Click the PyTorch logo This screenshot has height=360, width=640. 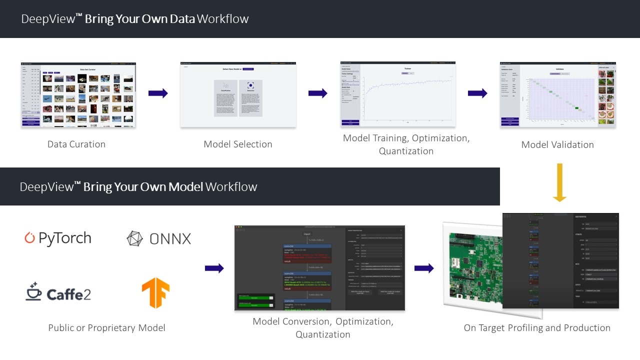(58, 238)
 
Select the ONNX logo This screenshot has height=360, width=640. (159, 238)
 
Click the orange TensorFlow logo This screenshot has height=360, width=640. (155, 292)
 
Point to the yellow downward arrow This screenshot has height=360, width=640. (559, 182)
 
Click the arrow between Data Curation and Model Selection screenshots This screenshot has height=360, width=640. (158, 93)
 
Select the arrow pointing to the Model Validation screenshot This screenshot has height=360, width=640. (477, 93)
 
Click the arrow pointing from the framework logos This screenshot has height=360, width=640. (214, 268)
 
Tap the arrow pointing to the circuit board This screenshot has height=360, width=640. (424, 268)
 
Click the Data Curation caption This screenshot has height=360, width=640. (76, 144)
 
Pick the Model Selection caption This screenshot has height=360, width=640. (238, 144)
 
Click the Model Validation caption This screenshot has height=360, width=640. (557, 145)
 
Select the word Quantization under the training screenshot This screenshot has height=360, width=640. (406, 151)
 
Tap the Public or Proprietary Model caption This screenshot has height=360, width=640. (106, 328)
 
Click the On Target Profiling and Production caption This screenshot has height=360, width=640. (537, 328)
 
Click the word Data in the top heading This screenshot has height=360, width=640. (182, 19)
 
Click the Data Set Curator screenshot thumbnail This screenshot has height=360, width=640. (78, 95)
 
